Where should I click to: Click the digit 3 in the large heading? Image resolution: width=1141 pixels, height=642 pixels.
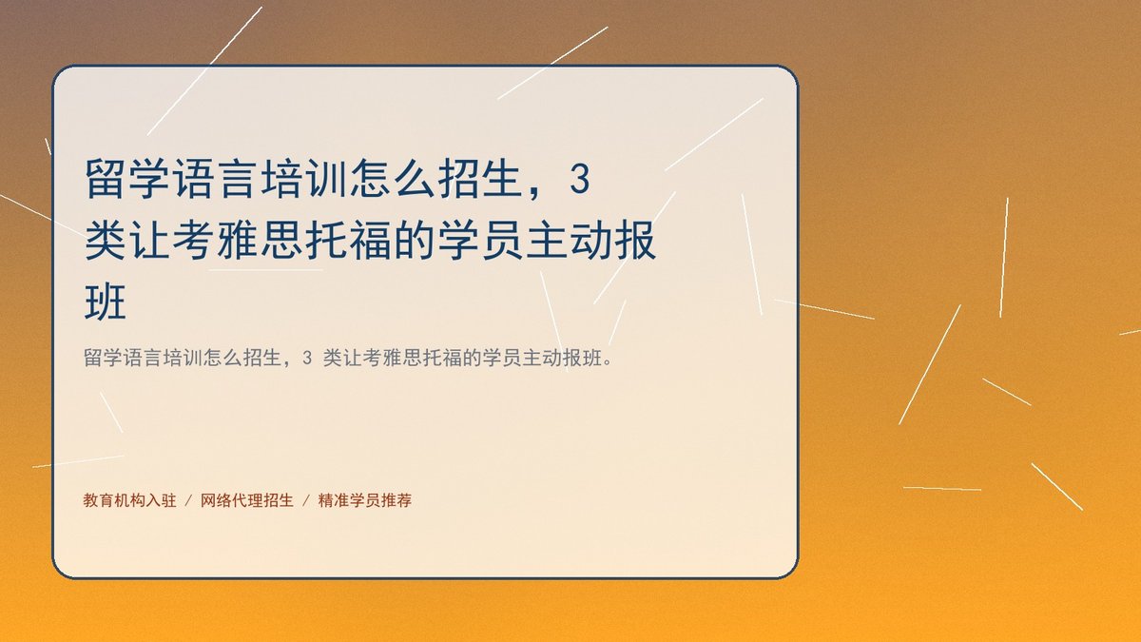tap(580, 179)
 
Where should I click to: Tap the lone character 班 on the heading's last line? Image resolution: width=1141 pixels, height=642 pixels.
tap(105, 302)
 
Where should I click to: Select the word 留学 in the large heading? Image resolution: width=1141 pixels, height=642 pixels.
tap(127, 179)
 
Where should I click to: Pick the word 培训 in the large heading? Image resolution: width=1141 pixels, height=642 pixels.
tap(304, 179)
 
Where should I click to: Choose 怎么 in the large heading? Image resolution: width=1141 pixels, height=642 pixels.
tap(392, 179)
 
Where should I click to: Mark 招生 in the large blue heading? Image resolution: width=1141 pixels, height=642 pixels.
tap(480, 179)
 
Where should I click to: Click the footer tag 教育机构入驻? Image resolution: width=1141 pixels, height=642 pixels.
tap(130, 500)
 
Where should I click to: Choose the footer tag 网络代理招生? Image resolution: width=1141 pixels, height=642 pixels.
tap(247, 500)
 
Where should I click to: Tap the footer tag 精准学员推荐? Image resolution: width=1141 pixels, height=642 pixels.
tap(365, 500)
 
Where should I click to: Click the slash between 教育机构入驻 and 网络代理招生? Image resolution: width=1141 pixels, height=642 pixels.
tap(188, 501)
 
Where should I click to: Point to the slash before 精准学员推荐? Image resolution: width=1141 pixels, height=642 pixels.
tap(306, 501)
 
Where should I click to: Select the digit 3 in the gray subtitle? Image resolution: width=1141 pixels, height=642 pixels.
tap(306, 359)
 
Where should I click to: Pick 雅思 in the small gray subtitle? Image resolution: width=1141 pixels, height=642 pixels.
tap(402, 358)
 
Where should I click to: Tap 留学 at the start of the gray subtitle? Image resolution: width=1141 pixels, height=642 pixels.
tap(103, 358)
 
